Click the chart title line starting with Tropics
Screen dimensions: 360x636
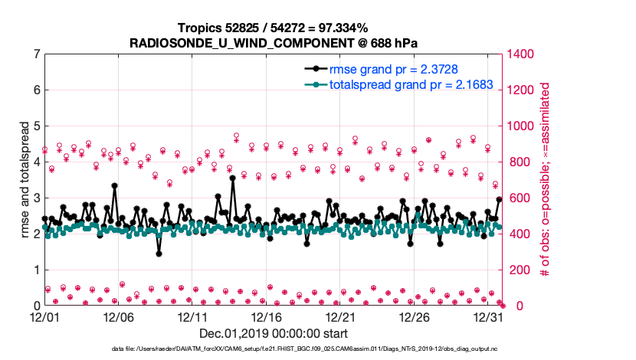[274, 28]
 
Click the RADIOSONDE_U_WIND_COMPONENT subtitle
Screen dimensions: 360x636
[274, 42]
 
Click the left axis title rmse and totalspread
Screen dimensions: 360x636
[25, 179]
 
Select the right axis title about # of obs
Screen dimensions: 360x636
[546, 179]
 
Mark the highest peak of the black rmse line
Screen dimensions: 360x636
[232, 178]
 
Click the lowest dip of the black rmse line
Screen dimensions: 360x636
[159, 254]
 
